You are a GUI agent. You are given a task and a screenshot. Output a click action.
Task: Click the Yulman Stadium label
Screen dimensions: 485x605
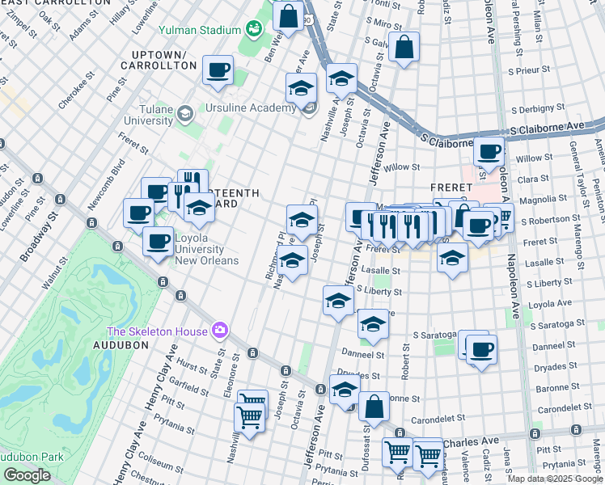pos(205,31)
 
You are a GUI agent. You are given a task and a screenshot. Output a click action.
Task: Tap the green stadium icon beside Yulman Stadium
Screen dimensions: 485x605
pos(253,30)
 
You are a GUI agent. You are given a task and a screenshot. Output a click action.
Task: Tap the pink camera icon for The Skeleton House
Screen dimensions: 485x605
pos(219,330)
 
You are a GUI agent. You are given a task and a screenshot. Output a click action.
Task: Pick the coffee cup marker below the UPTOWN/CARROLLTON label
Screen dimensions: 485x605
pos(218,70)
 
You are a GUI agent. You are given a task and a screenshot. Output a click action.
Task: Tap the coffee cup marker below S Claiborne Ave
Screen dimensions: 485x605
pos(489,150)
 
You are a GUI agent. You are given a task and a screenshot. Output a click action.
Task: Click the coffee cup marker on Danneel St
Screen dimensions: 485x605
pos(482,349)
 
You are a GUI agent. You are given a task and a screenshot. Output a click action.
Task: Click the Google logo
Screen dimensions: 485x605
pos(27,475)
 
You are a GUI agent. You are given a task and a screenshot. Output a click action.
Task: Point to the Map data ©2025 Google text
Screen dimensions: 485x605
pos(554,479)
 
